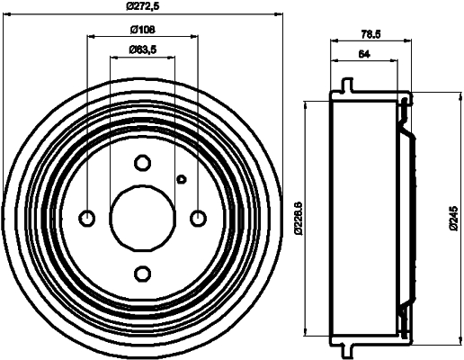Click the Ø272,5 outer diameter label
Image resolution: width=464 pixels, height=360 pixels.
tap(142, 6)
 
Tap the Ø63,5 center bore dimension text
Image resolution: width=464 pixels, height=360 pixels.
tap(141, 49)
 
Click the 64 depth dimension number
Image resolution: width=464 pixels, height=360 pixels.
tap(364, 55)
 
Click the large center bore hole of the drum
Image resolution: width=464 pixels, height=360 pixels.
tap(142, 217)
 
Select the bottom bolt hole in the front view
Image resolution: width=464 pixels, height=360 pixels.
tap(142, 273)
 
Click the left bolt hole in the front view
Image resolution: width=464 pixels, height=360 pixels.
tap(87, 217)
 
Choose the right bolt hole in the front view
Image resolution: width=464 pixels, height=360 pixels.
tap(198, 217)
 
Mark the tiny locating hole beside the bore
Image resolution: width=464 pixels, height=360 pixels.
tap(181, 178)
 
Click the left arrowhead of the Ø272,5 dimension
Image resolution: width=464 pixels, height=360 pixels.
tap(6, 14)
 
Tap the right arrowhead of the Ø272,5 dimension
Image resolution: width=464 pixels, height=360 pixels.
tap(278, 14)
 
